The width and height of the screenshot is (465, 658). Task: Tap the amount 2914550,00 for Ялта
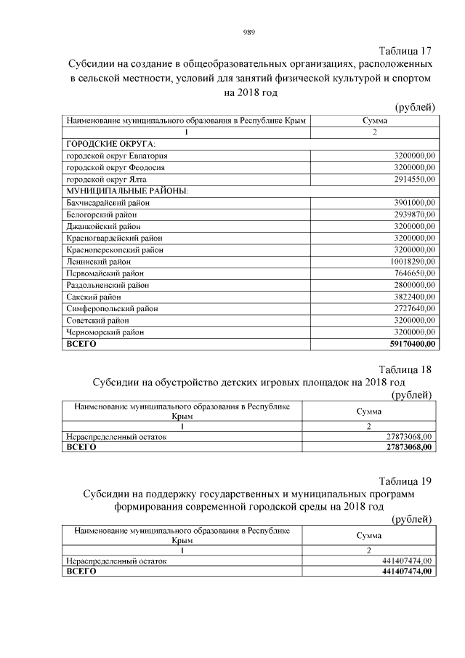pyautogui.click(x=411, y=179)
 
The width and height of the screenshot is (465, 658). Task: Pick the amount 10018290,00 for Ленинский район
pyautogui.click(x=409, y=261)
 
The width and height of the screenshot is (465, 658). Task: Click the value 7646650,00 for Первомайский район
pyautogui.click(x=411, y=273)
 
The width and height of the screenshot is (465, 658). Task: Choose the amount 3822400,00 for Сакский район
pyautogui.click(x=411, y=297)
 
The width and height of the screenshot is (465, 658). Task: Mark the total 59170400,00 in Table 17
pyautogui.click(x=409, y=344)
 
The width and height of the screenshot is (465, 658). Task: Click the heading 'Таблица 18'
pyautogui.click(x=405, y=369)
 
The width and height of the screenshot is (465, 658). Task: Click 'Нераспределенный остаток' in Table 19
pyautogui.click(x=116, y=561)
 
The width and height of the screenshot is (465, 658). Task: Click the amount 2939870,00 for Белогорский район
pyautogui.click(x=411, y=214)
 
